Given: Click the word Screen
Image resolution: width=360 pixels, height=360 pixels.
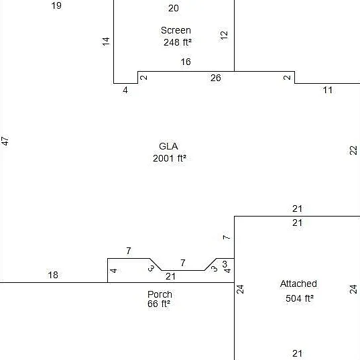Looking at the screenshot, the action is click(x=176, y=30).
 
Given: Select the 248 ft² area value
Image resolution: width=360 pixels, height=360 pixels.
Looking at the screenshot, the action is click(x=178, y=42).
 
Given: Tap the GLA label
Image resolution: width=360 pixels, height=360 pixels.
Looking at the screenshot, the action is click(x=168, y=146).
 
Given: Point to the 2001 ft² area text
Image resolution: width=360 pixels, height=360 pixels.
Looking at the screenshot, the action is click(x=170, y=158).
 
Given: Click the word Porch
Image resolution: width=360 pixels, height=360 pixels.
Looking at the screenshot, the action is click(x=160, y=294).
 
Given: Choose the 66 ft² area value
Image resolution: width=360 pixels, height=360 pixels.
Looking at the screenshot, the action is click(x=159, y=304).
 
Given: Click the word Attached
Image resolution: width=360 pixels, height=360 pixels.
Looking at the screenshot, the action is click(x=298, y=284).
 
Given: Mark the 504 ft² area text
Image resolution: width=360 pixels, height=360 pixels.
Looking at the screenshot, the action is click(x=300, y=298).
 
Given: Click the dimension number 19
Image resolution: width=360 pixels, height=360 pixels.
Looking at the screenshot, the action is click(x=56, y=5).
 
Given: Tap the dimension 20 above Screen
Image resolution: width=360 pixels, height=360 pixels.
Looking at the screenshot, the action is click(x=174, y=8).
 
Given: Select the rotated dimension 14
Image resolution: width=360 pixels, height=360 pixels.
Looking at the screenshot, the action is click(x=106, y=42).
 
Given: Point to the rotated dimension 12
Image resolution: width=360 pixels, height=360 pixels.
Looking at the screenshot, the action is click(x=224, y=35).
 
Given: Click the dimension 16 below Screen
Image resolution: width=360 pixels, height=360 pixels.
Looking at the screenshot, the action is click(x=186, y=62).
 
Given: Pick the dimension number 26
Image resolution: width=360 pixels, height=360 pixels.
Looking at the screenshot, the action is click(x=216, y=78).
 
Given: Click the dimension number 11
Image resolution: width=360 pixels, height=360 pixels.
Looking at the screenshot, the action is click(x=328, y=90).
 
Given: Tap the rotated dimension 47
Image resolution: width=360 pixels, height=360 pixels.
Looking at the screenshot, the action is click(x=5, y=141).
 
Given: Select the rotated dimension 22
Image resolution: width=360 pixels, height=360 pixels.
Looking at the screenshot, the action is click(x=353, y=150).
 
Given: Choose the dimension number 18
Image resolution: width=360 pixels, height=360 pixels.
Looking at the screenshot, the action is click(x=53, y=275).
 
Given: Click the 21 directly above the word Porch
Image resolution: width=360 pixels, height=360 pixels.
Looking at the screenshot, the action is click(x=170, y=276).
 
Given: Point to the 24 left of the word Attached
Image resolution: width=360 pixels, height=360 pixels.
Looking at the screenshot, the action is click(x=240, y=290).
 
